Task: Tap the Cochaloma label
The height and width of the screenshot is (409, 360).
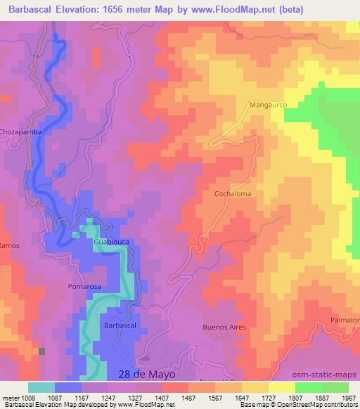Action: pyautogui.click(x=233, y=193)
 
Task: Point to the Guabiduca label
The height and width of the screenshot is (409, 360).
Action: pyautogui.click(x=112, y=242)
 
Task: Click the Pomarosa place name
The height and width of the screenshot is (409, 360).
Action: pyautogui.click(x=86, y=287)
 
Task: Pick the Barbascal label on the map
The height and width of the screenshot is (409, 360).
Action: pyautogui.click(x=119, y=325)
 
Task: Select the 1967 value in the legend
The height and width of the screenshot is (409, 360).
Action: pyautogui.click(x=348, y=398)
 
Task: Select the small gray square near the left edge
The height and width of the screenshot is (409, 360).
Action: pyautogui.click(x=41, y=351)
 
